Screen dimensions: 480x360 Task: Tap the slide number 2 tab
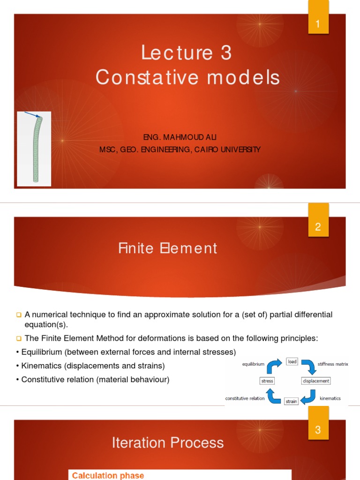coord(318,227)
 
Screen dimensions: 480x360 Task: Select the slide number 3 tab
coord(318,429)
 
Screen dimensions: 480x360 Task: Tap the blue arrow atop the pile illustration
coord(33,115)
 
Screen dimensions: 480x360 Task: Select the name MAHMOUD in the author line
coord(182,137)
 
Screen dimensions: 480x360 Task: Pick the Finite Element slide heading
coord(168,248)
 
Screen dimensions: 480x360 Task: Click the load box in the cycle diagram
coord(292,361)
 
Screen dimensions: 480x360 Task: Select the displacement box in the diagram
coord(316,381)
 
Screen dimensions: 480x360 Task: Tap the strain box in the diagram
coord(291,401)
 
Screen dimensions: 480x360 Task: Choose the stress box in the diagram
coord(267,381)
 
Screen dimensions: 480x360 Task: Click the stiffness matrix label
coord(333,363)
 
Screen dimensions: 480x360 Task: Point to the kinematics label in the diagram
coord(330,398)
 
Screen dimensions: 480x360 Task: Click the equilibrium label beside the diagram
coord(254,363)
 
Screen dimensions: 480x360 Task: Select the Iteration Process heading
coord(168,442)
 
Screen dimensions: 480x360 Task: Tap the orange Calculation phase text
coord(108,475)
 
